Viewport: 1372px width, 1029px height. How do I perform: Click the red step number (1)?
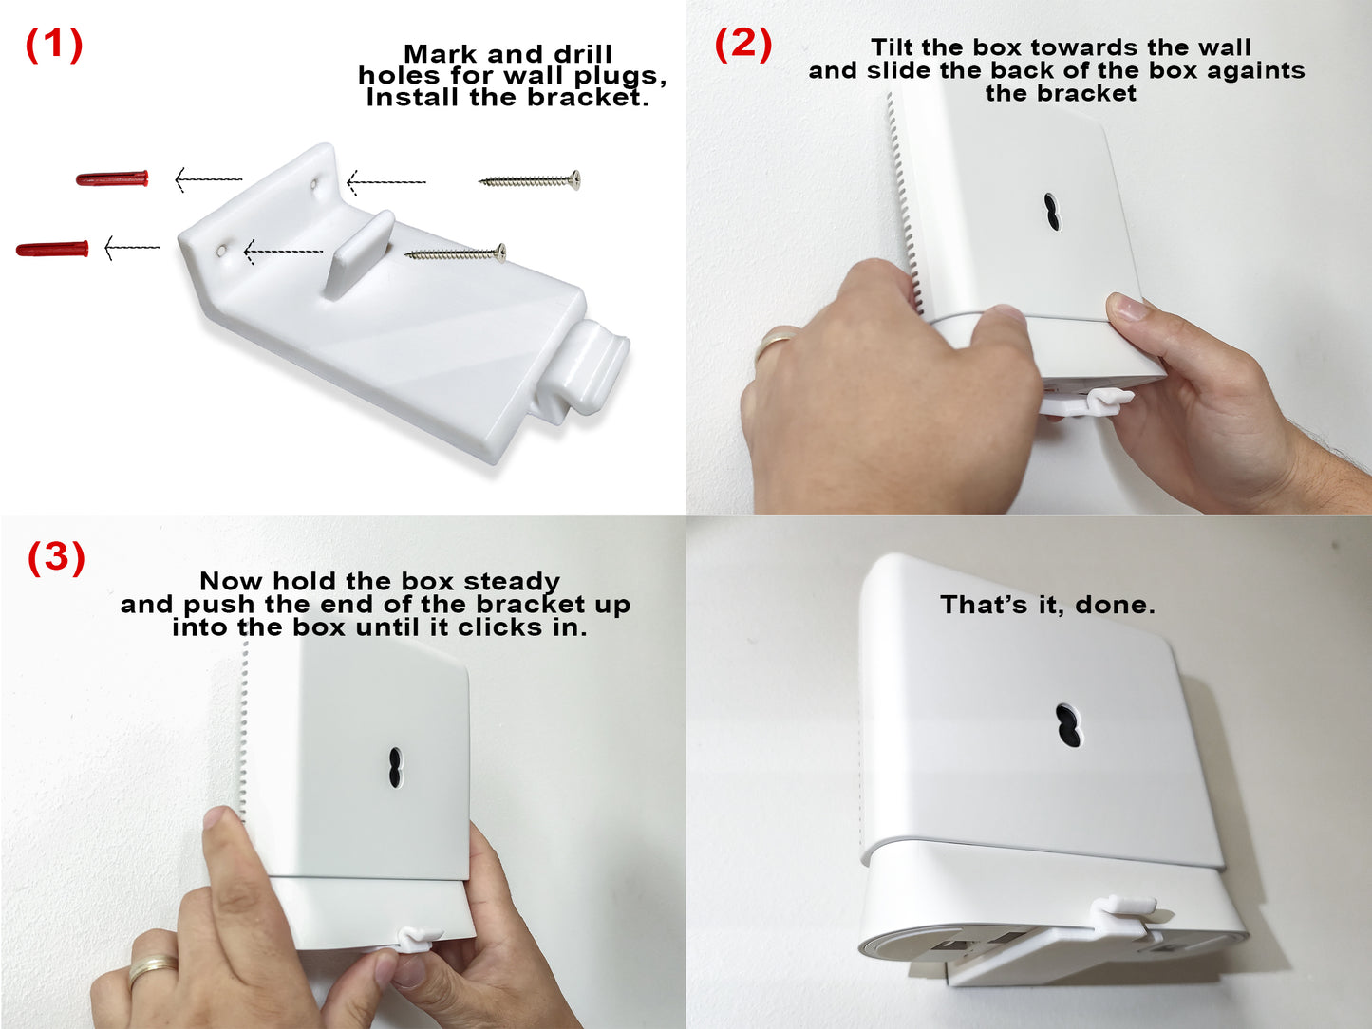pyautogui.click(x=54, y=45)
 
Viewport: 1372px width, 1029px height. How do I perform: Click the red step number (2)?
pyautogui.click(x=743, y=44)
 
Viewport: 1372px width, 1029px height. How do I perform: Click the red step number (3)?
pyautogui.click(x=56, y=557)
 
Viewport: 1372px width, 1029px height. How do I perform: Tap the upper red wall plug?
pyautogui.click(x=113, y=178)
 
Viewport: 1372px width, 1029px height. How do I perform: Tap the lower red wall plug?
pyautogui.click(x=52, y=249)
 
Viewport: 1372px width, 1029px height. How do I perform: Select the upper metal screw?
pyautogui.click(x=530, y=179)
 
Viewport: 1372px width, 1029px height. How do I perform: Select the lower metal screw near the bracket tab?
pyautogui.click(x=455, y=253)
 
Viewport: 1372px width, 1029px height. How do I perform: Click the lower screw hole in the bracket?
pyautogui.click(x=221, y=250)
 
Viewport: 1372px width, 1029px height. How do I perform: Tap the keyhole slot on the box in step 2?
pyautogui.click(x=1052, y=213)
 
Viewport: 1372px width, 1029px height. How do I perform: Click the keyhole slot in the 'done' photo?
pyautogui.click(x=1069, y=725)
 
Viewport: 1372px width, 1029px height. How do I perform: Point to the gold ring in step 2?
pyautogui.click(x=777, y=341)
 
